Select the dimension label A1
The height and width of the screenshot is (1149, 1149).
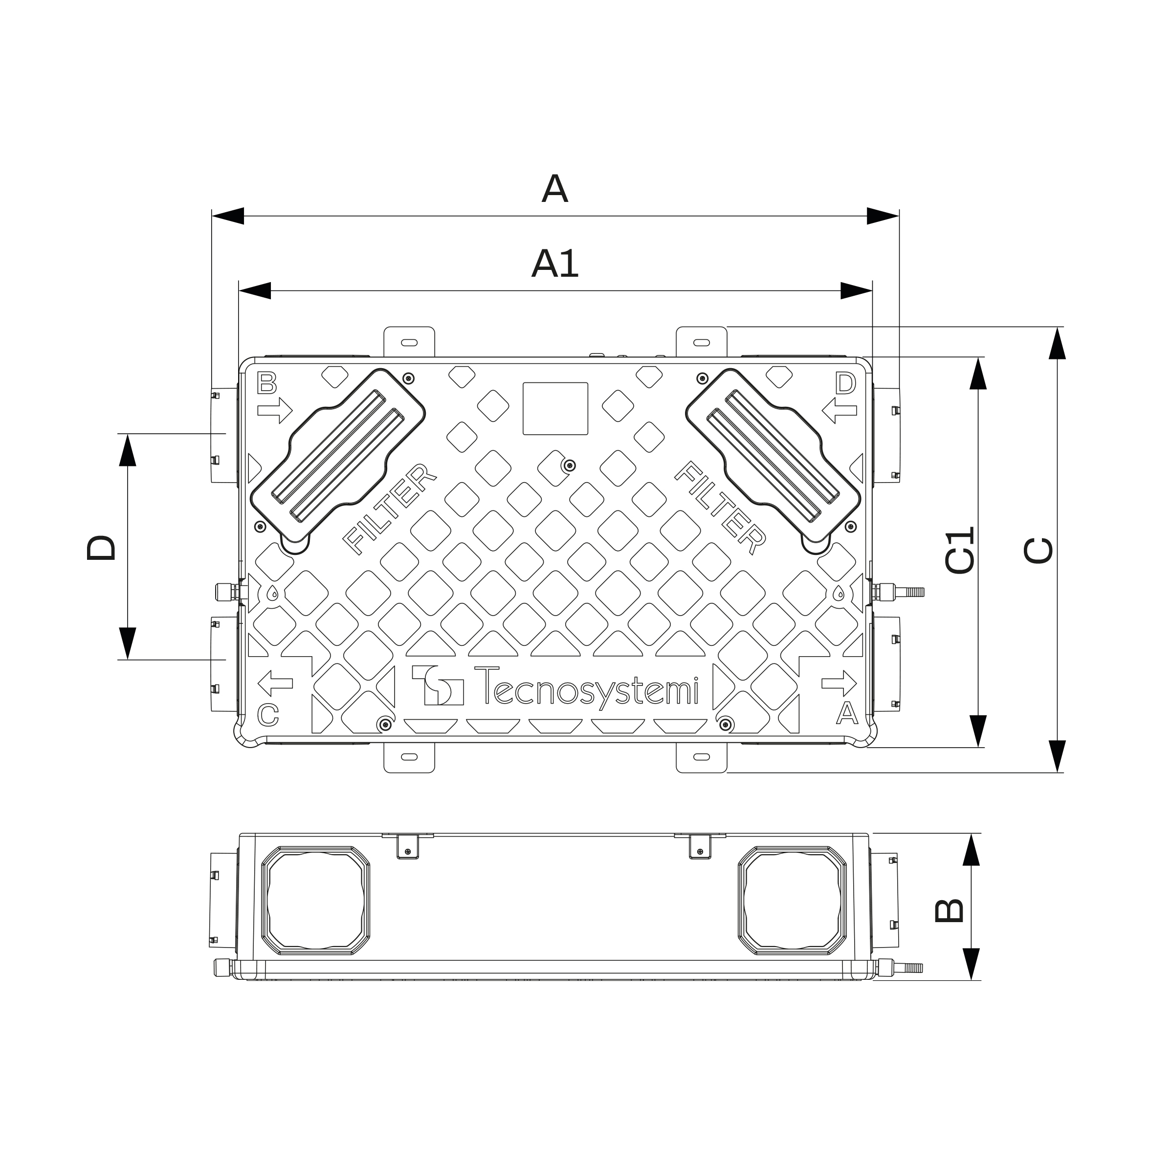(x=554, y=264)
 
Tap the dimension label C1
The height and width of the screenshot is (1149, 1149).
(x=960, y=550)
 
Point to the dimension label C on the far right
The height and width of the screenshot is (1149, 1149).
(x=1039, y=550)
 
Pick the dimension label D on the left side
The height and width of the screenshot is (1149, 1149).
(x=101, y=547)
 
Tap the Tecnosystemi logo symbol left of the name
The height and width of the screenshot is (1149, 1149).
(x=438, y=685)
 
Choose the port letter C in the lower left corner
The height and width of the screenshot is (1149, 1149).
(x=268, y=714)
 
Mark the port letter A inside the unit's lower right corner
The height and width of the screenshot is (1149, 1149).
(x=847, y=713)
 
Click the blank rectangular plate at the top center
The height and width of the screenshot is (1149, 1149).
(x=555, y=409)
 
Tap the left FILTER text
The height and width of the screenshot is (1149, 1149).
(x=390, y=508)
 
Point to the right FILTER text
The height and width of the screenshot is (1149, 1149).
(x=720, y=508)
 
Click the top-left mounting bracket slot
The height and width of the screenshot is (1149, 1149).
(x=409, y=343)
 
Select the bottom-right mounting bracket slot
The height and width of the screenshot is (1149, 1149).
(x=702, y=756)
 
